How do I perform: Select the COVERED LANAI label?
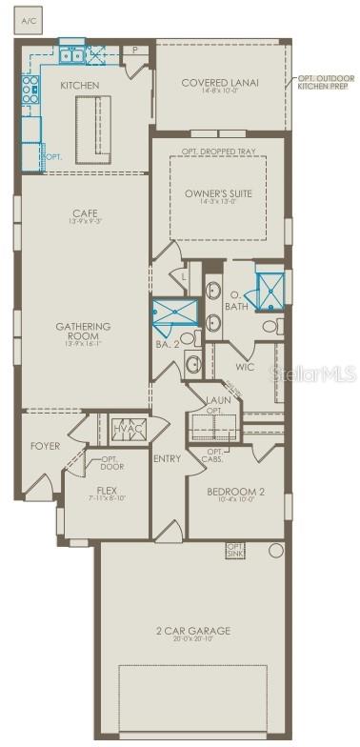220,83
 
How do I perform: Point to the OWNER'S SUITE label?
218,193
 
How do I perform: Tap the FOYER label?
45,445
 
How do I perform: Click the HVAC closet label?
127,429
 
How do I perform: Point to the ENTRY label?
167,459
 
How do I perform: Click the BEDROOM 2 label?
234,492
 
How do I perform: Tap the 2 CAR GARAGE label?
196,631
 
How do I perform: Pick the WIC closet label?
245,366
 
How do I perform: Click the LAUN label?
219,401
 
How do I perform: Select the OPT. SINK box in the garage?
235,550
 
